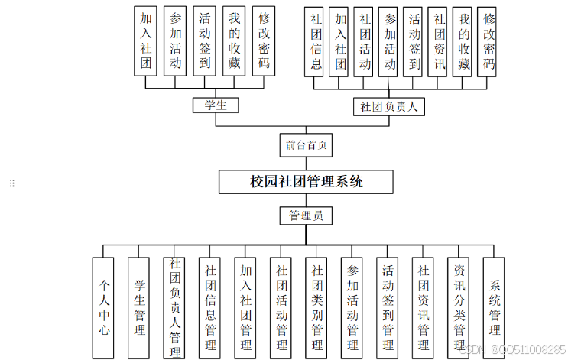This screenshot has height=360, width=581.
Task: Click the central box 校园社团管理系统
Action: pyautogui.click(x=307, y=182)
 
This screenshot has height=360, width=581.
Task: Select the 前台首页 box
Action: pyautogui.click(x=306, y=144)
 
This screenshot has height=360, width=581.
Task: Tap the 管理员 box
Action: pyautogui.click(x=306, y=216)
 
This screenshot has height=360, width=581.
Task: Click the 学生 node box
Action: pyautogui.click(x=216, y=105)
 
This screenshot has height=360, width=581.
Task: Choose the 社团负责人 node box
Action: pyautogui.click(x=389, y=106)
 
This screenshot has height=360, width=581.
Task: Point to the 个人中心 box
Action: pyautogui.click(x=104, y=306)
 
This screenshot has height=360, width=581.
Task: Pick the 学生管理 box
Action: pyautogui.click(x=139, y=306)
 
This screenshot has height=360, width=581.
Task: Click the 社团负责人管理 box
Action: pyautogui.click(x=175, y=306)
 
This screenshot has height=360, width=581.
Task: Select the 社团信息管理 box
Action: pyautogui.click(x=210, y=306)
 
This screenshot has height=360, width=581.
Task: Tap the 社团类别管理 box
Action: pyautogui.click(x=316, y=306)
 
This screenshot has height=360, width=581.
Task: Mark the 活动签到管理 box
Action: pyautogui.click(x=388, y=306)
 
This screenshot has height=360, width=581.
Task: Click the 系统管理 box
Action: pyautogui.click(x=494, y=306)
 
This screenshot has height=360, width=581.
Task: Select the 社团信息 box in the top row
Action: pyautogui.click(x=315, y=41)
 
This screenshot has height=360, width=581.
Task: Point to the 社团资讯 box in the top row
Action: pyautogui.click(x=438, y=41)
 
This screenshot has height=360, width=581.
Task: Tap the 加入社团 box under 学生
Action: pyautogui.click(x=145, y=41)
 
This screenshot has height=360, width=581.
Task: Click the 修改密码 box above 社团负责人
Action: pyautogui.click(x=487, y=41)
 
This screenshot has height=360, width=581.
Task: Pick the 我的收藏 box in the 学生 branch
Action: pyautogui.click(x=234, y=41)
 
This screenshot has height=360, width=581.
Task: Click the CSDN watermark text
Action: pyautogui.click(x=516, y=349)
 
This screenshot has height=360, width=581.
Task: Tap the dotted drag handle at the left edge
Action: pyautogui.click(x=11, y=183)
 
